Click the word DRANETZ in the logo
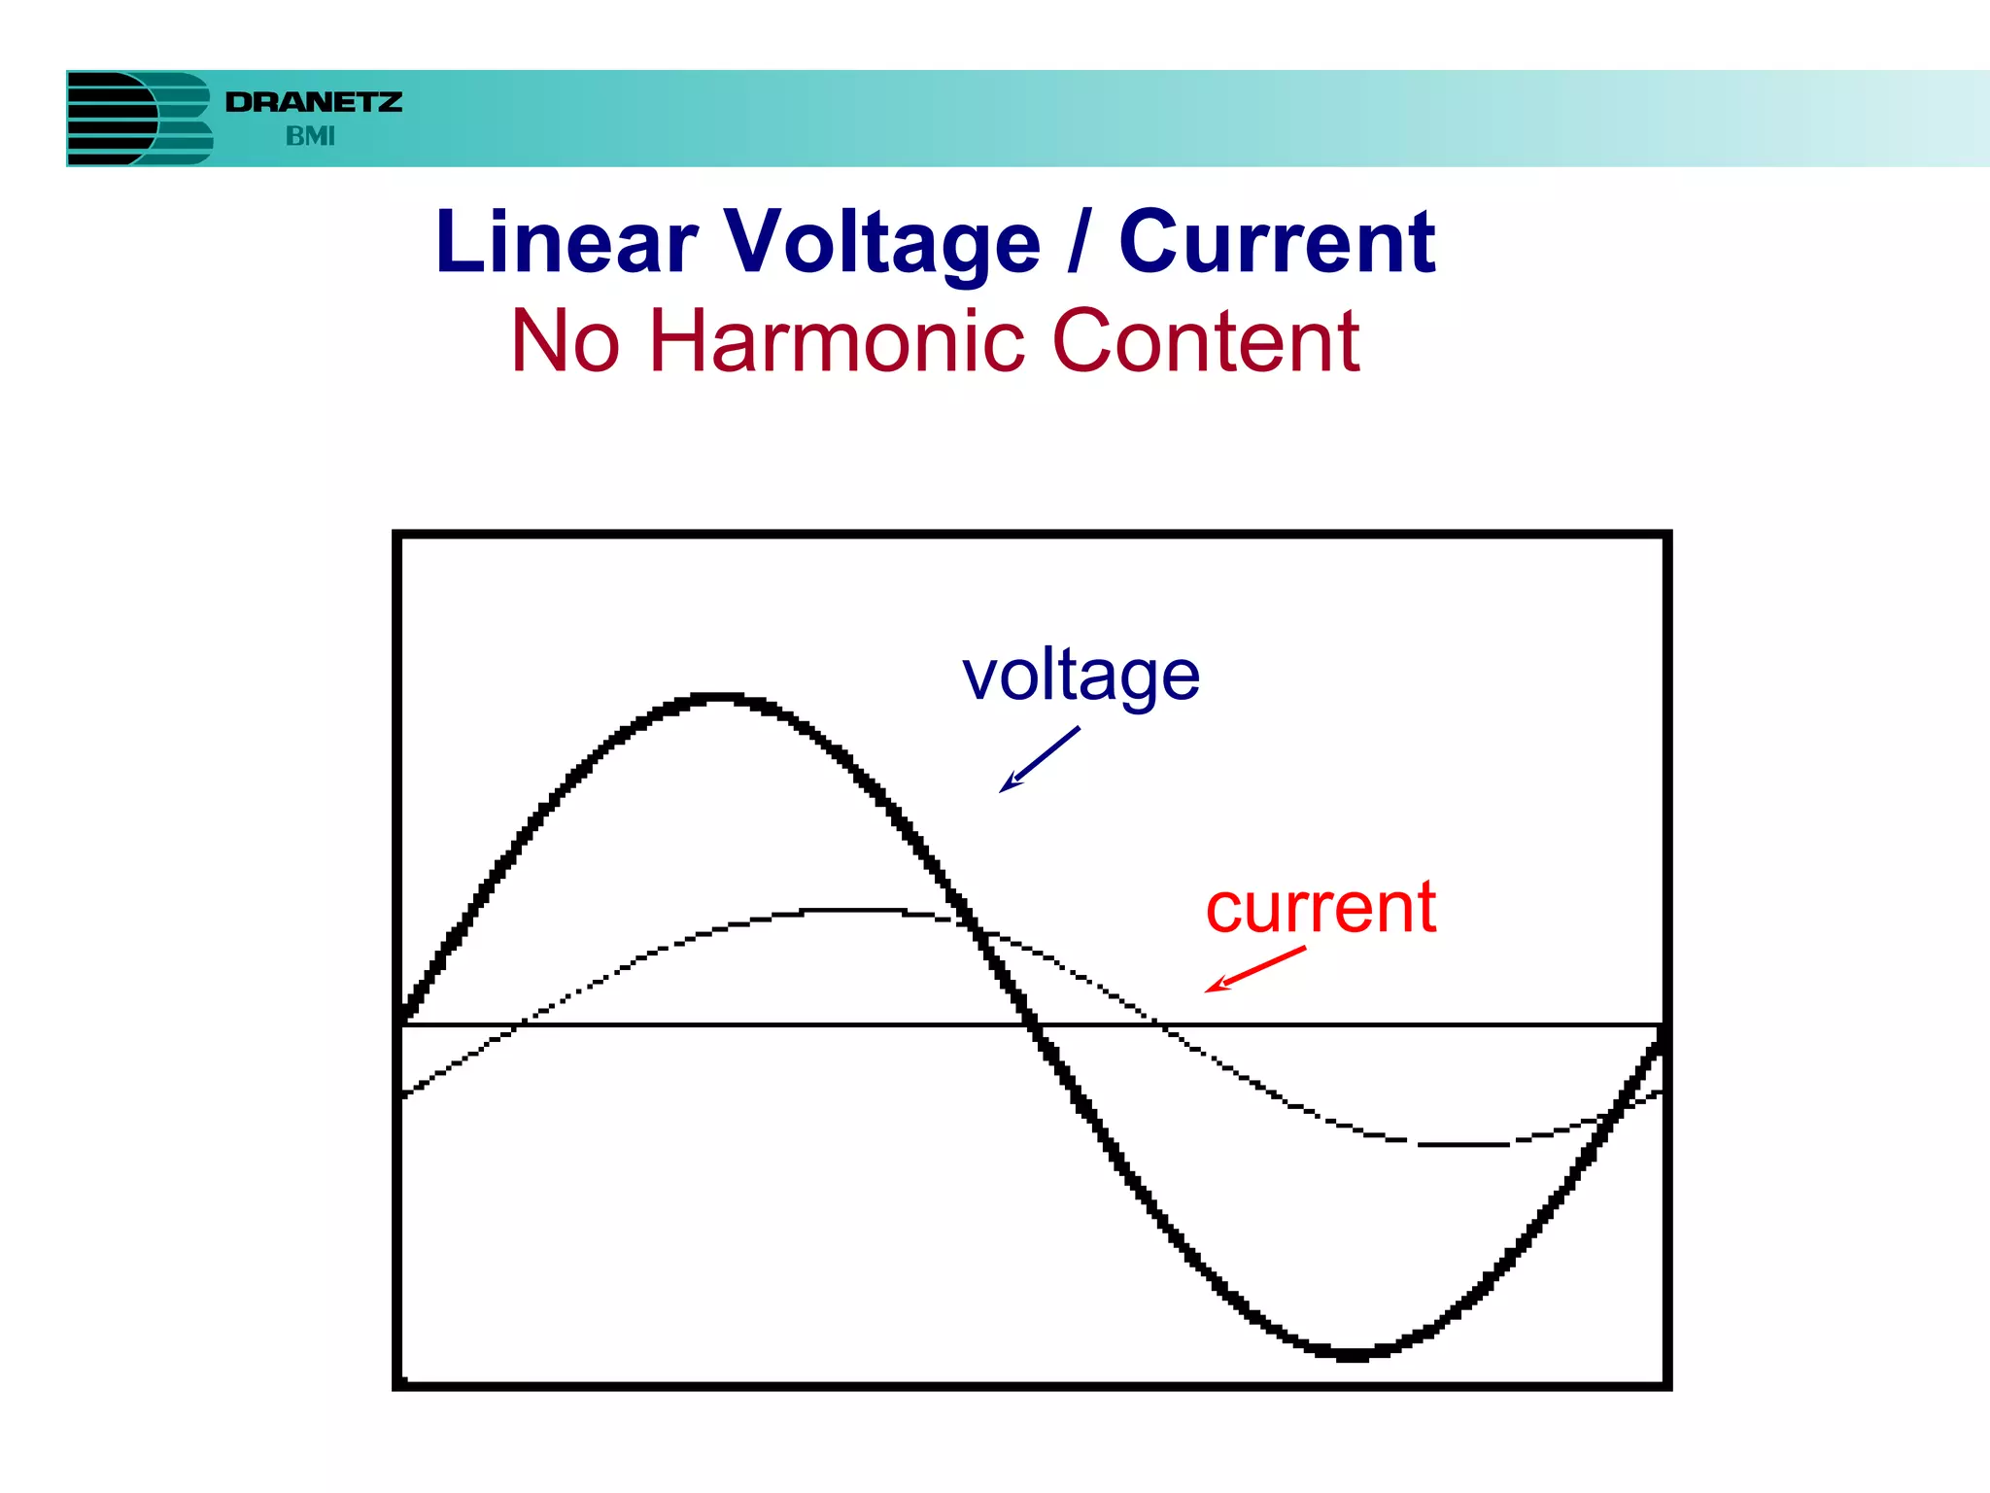313,102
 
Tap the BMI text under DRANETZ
310,137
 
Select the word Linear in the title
566,242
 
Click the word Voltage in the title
882,242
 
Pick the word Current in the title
1277,242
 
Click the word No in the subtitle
565,341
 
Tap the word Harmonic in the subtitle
835,341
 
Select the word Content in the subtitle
1205,341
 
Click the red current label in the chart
1321,908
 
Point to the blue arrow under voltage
1039,760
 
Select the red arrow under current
1255,969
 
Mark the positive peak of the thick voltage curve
719,697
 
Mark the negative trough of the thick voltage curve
1351,1354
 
